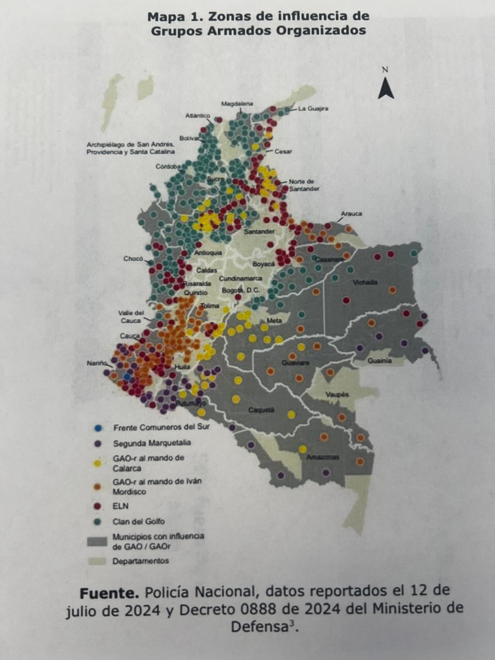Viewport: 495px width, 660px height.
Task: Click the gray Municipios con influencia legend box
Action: (x=97, y=541)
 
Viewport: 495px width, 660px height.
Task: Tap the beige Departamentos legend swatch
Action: (x=97, y=561)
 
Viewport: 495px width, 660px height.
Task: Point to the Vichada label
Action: (x=365, y=283)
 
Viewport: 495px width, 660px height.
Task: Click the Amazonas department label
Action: (x=323, y=457)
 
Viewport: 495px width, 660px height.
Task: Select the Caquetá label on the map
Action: (x=261, y=410)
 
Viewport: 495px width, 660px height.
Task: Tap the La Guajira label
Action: (x=313, y=109)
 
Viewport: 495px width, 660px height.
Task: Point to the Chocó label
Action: (x=133, y=259)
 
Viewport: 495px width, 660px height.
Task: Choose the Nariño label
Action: (x=96, y=364)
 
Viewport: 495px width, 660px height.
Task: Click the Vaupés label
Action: (x=338, y=394)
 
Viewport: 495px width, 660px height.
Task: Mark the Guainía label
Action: (x=379, y=361)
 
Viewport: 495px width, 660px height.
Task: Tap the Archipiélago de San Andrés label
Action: (x=130, y=148)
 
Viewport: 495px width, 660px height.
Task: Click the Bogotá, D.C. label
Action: (x=240, y=290)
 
